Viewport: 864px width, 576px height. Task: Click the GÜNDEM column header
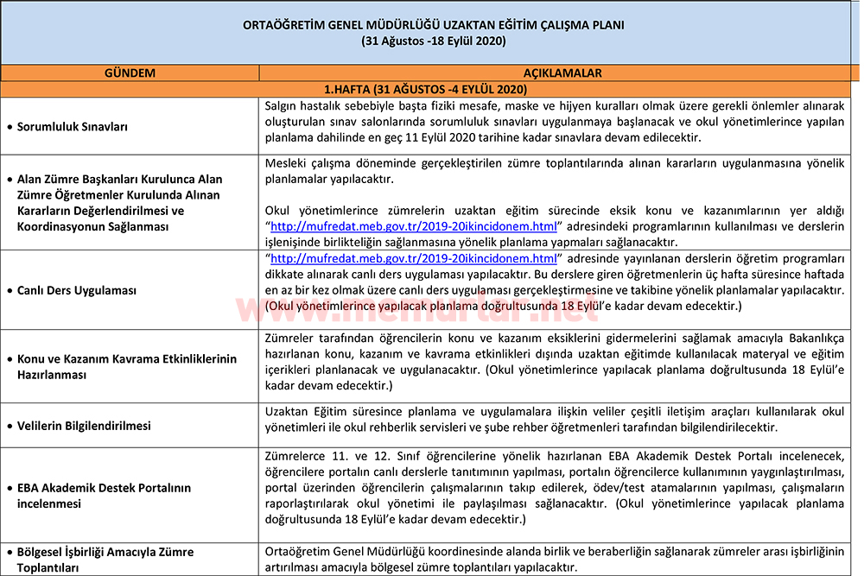click(x=130, y=73)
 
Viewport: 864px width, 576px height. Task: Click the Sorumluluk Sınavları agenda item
click(x=73, y=127)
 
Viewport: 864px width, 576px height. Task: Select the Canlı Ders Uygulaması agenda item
click(x=77, y=290)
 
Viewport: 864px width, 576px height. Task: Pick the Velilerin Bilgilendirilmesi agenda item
click(x=84, y=426)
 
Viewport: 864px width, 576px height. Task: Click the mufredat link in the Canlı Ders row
click(x=414, y=258)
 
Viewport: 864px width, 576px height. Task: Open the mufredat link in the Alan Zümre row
click(x=414, y=226)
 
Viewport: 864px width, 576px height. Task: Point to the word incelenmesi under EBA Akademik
click(x=49, y=503)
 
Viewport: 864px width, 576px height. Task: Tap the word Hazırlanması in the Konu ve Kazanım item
click(x=52, y=376)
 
